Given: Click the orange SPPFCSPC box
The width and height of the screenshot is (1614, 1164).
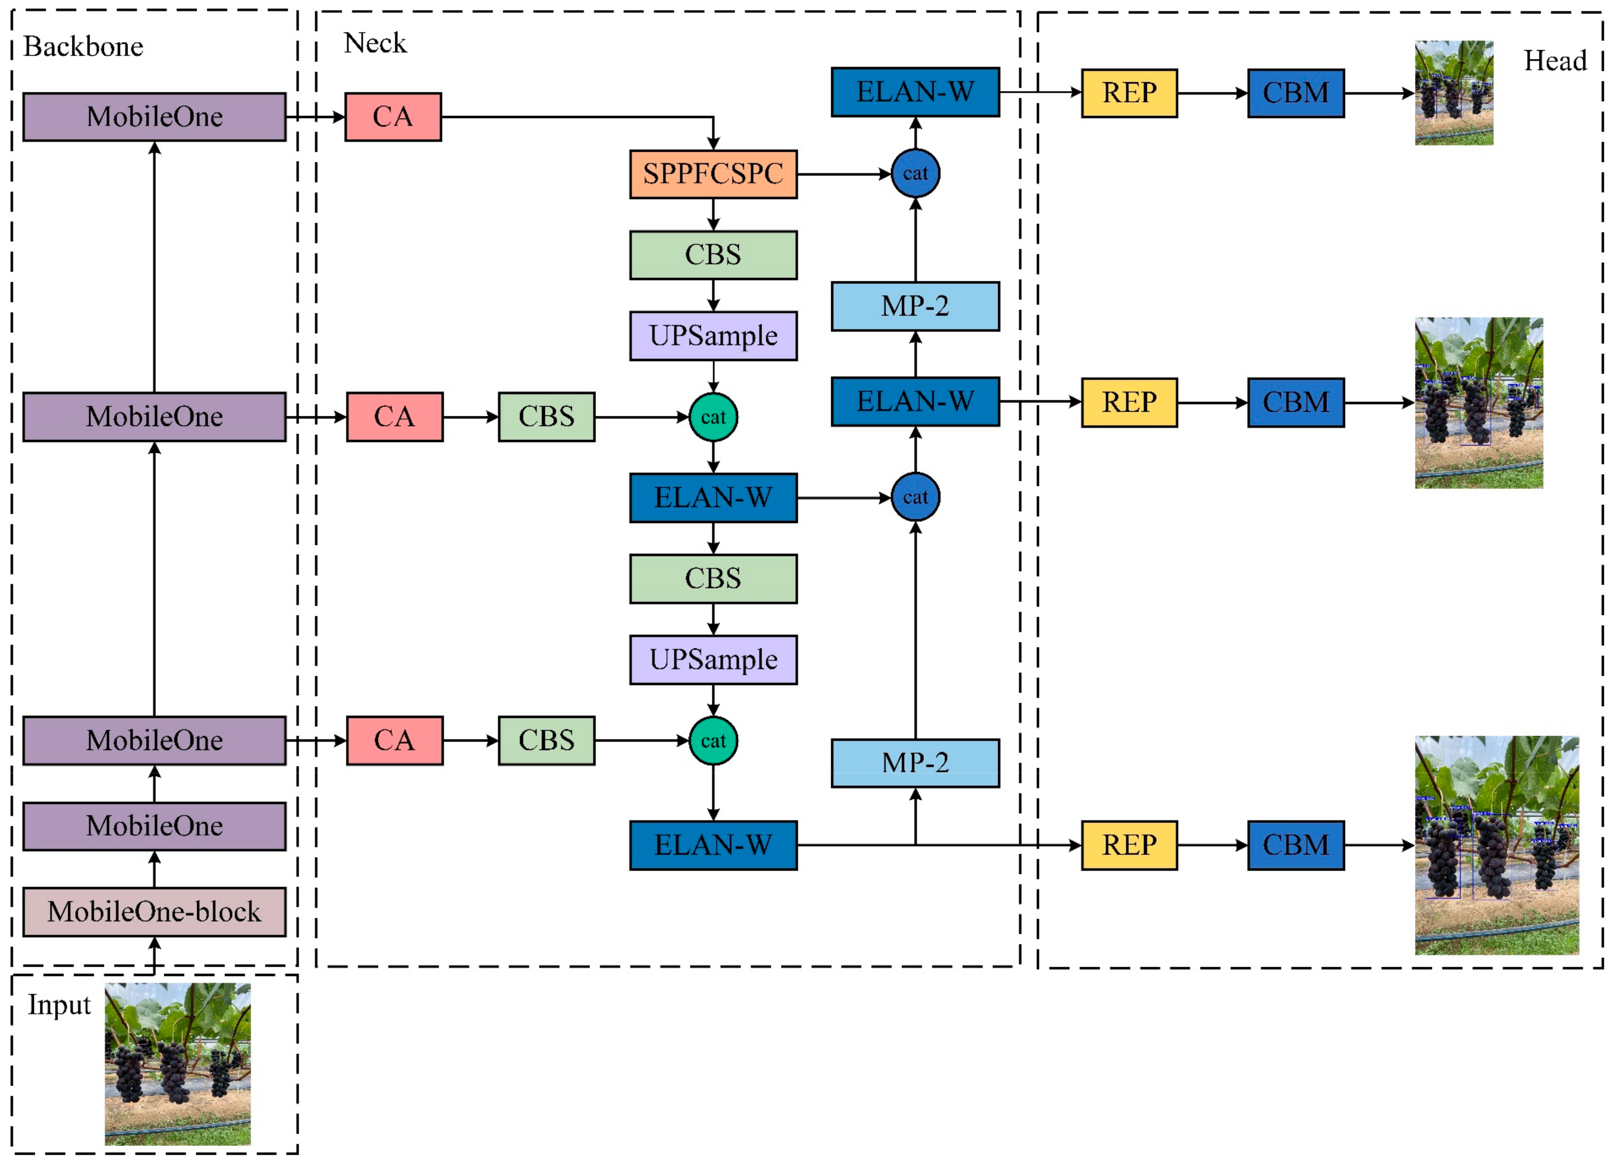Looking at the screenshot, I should [713, 174].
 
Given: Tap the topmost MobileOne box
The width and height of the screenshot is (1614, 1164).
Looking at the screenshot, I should [154, 117].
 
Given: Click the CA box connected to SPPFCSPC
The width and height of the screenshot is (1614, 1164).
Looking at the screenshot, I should [393, 117].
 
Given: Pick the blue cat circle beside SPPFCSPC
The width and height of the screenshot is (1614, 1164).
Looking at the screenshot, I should [915, 173].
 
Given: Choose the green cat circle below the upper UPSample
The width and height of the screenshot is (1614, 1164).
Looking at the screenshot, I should [713, 417].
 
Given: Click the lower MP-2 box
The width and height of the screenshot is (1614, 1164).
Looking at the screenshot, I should [915, 763].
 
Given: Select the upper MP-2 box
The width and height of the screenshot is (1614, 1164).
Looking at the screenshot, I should [915, 306].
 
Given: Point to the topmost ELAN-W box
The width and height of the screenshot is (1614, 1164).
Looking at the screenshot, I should [915, 92].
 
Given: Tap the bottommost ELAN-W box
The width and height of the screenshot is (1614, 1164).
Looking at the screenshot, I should [713, 845].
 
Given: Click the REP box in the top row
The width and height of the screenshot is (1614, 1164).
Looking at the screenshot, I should [1129, 92].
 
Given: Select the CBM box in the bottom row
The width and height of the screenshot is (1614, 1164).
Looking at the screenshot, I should [1296, 845].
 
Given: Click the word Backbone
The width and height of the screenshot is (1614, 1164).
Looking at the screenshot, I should [83, 47].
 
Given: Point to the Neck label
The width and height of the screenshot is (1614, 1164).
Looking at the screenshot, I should [375, 44].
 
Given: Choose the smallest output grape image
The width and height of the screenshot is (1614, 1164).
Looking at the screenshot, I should [1454, 92].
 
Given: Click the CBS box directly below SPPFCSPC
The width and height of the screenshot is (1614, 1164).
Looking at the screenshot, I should [713, 255].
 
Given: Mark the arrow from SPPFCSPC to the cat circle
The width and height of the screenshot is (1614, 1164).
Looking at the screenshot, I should [843, 174].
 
